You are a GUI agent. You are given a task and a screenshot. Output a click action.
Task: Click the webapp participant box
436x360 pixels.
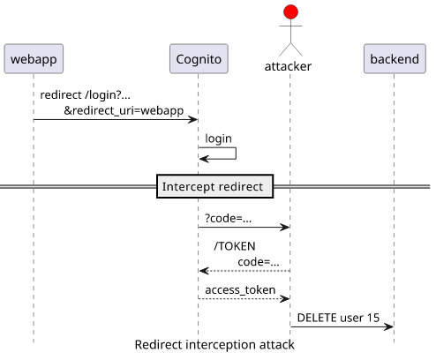[34, 58]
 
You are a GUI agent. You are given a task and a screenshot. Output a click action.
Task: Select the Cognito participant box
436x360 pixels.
[199, 58]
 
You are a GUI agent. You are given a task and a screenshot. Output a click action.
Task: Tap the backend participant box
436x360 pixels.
[395, 58]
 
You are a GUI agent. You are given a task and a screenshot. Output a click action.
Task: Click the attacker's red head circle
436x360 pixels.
[290, 12]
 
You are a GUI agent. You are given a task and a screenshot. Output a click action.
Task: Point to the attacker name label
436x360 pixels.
[288, 66]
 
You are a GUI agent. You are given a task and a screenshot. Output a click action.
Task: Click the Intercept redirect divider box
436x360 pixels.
[215, 186]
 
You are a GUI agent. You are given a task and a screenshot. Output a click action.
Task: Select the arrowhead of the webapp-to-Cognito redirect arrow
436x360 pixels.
[193, 119]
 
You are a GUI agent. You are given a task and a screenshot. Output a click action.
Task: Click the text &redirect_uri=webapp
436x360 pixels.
[124, 111]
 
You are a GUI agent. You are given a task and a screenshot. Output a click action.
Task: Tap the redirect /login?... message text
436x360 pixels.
[85, 95]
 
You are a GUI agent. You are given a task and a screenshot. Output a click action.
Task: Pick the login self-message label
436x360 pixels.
[218, 139]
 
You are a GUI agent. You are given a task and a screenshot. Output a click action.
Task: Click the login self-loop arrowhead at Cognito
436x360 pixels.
[204, 159]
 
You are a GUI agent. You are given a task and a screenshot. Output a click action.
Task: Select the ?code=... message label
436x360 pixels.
[229, 219]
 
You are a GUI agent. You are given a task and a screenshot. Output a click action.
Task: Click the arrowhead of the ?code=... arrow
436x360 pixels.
[285, 227]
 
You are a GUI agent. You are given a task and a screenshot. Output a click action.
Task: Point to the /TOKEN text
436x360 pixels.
[235, 246]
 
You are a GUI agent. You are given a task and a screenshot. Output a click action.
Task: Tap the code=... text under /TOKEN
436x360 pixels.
[259, 262]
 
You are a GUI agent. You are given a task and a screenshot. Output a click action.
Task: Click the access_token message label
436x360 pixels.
[240, 290]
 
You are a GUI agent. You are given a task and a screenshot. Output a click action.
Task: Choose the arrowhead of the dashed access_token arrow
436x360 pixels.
[285, 299]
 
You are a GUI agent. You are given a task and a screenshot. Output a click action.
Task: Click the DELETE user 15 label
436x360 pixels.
[338, 318]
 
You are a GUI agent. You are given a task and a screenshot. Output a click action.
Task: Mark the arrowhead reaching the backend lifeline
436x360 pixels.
[388, 326]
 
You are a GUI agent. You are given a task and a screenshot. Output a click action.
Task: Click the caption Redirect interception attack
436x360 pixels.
[214, 345]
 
